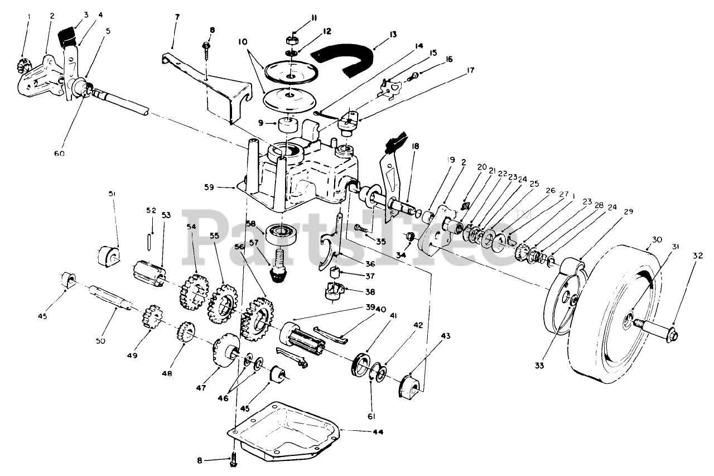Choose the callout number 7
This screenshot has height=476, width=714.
(177, 17)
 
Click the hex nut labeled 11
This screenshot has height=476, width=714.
(290, 40)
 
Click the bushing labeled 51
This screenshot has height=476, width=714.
(108, 256)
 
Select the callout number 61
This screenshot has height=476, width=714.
(372, 416)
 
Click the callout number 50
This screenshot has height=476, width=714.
(101, 340)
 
